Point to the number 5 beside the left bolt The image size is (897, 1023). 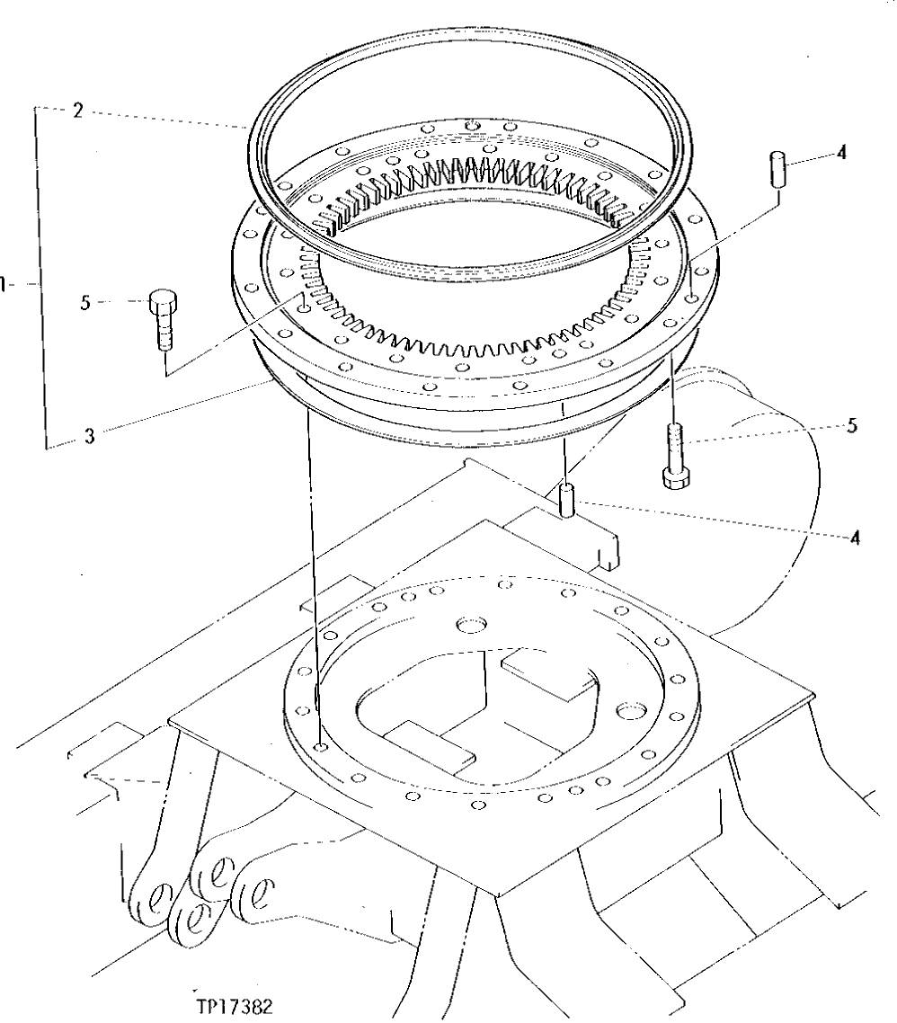coord(85,304)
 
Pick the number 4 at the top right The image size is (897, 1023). coord(841,153)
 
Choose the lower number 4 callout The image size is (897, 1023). coord(855,538)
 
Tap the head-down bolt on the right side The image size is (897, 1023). coord(675,457)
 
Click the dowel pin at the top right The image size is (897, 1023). coord(777,168)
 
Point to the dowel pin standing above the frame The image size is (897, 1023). coord(566,500)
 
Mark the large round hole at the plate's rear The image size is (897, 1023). coord(468,623)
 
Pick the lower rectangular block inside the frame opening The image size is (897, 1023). coord(429,743)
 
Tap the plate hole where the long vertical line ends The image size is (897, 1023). coord(321,746)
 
